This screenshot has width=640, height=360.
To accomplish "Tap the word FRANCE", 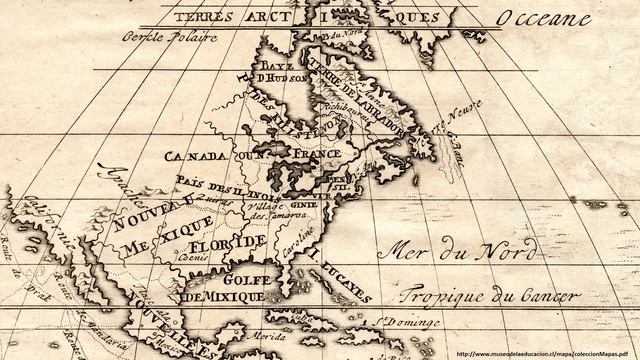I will click(318, 153).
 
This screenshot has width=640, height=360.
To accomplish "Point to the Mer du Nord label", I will click(450, 250).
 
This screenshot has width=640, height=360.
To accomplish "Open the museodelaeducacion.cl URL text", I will click(545, 353).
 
